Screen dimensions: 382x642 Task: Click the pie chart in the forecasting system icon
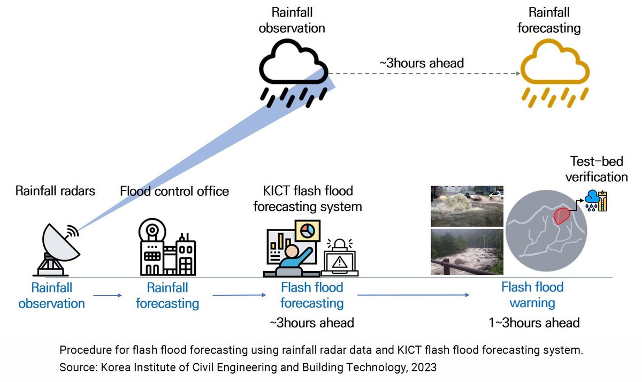307,231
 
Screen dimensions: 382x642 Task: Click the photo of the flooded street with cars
467,206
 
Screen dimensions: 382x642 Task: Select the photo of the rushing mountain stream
467,252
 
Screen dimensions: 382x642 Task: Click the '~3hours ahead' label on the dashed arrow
422,63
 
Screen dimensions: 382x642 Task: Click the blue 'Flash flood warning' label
532,295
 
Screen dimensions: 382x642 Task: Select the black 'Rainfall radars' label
55,191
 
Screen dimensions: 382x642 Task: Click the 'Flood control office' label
174,191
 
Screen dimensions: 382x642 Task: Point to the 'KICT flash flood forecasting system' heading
308,198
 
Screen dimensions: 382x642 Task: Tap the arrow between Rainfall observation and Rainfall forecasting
108,295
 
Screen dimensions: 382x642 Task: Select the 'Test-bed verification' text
599,169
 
